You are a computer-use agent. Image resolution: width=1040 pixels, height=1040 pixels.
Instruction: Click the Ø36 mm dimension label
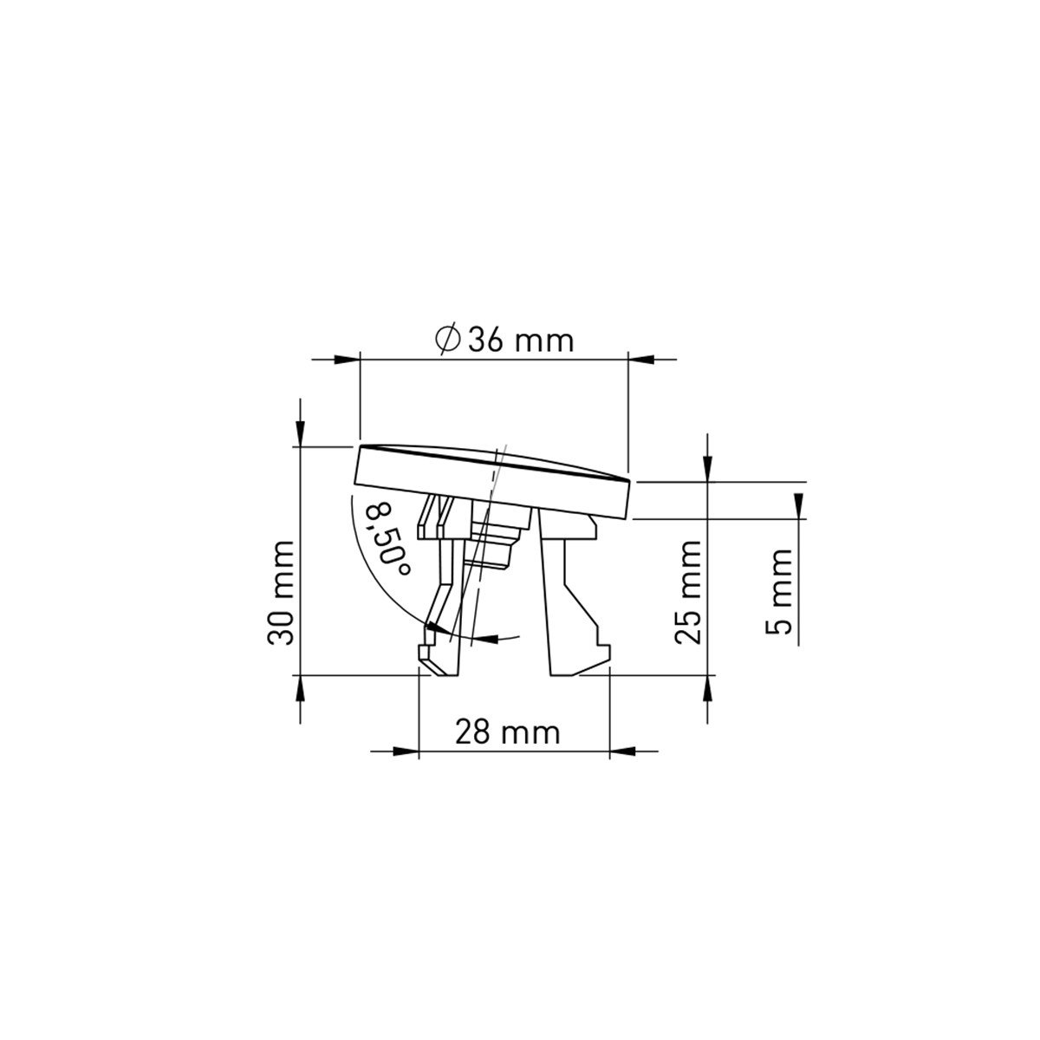tap(504, 340)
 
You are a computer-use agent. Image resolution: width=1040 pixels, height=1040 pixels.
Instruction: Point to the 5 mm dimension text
tap(778, 592)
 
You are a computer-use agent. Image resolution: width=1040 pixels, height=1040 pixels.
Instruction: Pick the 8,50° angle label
tap(387, 540)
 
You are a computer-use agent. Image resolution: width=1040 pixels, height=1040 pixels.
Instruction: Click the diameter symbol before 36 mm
tap(447, 340)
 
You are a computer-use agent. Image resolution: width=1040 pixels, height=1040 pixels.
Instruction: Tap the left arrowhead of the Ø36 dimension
tap(347, 359)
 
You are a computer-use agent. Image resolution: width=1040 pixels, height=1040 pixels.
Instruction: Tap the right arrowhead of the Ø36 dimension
tap(641, 359)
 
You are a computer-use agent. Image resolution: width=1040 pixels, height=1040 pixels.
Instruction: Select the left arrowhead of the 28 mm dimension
tap(406, 751)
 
